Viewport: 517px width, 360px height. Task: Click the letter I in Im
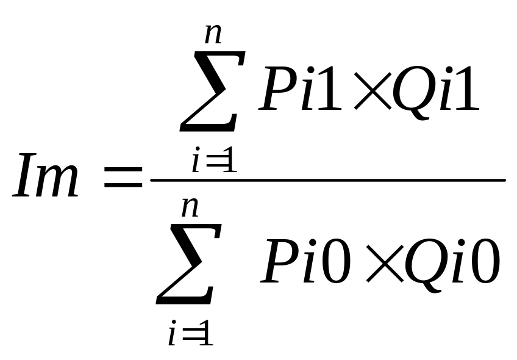click(25, 175)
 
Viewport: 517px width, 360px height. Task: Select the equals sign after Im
click(123, 177)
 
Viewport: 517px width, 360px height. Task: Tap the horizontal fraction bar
click(328, 180)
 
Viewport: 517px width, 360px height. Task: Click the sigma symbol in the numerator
click(212, 92)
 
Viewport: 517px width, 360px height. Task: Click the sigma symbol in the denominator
click(188, 264)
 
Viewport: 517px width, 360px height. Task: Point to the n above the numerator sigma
click(213, 34)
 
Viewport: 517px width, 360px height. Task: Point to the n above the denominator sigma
click(190, 207)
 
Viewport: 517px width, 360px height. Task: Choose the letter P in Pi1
click(277, 88)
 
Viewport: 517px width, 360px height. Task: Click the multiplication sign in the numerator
click(373, 91)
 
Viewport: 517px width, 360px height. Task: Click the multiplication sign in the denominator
click(385, 264)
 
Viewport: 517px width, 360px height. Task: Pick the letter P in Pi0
click(280, 261)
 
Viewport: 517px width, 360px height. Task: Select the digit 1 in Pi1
click(329, 88)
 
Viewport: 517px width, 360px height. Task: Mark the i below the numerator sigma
click(196, 159)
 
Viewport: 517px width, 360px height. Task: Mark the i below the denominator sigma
click(173, 333)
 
